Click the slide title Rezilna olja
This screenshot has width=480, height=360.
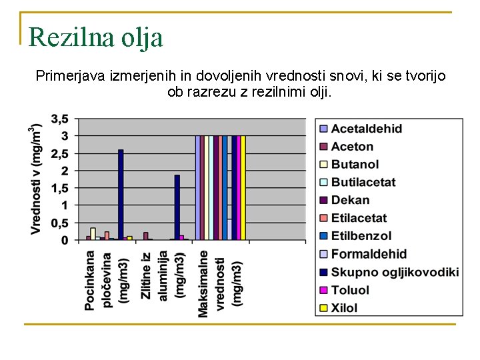pos(96,37)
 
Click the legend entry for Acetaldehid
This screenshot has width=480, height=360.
pos(366,129)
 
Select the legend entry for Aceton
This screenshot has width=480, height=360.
pos(352,147)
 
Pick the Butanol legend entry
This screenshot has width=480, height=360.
pos(355,165)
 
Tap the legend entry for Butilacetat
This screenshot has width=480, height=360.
pos(363,182)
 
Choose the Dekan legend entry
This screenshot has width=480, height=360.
pos(350,200)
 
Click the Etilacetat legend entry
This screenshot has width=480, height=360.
pos(359,218)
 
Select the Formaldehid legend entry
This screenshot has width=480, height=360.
pos(368,254)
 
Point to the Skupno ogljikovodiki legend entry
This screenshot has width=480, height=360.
pos(395,271)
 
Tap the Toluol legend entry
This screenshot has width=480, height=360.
pos(350,290)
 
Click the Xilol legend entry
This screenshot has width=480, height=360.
pos(344,308)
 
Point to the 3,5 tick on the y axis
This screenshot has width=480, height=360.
pos(59,119)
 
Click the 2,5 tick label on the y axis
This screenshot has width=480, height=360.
pos(59,154)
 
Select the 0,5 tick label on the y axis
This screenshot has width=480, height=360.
pos(59,223)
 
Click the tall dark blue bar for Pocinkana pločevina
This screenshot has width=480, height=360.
pos(121,194)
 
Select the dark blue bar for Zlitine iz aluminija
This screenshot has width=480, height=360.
pos(177,207)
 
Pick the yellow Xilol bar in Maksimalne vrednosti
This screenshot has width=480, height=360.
pos(243,187)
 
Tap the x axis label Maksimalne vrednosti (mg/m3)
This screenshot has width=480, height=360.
pos(220,283)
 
